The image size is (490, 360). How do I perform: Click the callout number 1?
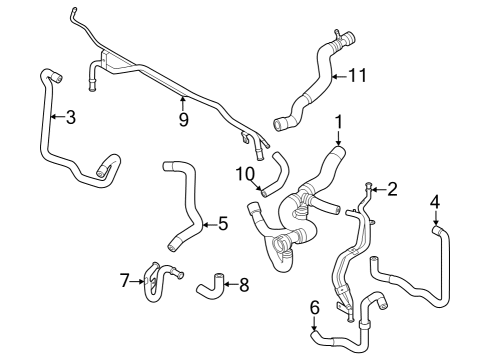coord(338,122)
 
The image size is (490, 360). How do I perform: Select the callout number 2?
coord(393,189)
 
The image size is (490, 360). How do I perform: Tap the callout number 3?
coord(71,117)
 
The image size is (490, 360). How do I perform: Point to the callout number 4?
coord(435,202)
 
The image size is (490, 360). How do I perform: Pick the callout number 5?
coord(223,223)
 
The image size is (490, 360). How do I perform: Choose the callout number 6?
coord(315,307)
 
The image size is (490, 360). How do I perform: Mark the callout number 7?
coord(125,280)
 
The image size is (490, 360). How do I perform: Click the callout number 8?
coord(244,285)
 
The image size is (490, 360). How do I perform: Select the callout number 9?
coord(184,120)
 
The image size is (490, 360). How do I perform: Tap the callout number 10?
coord(245,174)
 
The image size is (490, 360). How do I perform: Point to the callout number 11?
coord(358,75)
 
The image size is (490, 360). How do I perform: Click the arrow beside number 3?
coord(58,116)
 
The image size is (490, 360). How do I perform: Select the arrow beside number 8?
coord(231,284)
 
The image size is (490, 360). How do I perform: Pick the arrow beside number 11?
coord(340,76)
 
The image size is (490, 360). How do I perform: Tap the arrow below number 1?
coord(338,138)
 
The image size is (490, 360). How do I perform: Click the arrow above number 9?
coord(183,103)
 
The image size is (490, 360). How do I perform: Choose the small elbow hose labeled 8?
coord(210,286)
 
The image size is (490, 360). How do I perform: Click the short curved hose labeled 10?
coord(277,174)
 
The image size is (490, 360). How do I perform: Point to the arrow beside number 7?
coord(137,282)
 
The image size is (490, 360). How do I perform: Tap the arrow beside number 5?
coord(210,225)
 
